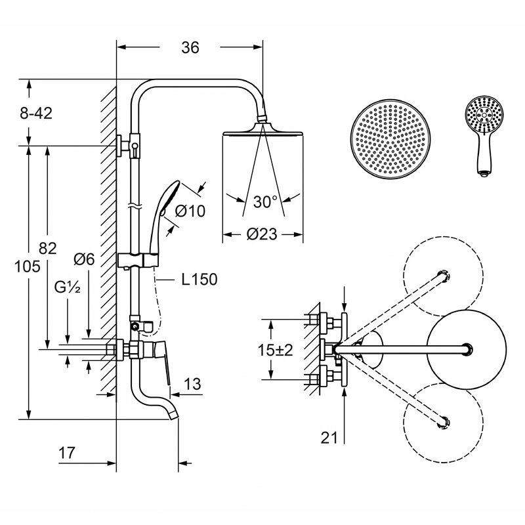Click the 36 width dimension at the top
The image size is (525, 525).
coord(190,47)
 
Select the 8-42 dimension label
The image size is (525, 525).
coord(36,113)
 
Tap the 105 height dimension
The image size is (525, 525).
coord(27,266)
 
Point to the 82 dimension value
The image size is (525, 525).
coord(47,249)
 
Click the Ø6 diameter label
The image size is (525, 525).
coord(84,259)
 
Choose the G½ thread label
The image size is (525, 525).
coord(68,287)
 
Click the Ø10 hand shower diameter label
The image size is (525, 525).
coord(190,211)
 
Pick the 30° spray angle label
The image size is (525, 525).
coord(266,201)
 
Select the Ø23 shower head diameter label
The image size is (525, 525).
coord(262,234)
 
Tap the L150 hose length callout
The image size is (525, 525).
coord(199,280)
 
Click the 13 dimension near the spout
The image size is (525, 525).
coord(192,384)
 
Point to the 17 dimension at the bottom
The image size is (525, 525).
coord(67,453)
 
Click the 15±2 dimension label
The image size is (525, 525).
coord(275,350)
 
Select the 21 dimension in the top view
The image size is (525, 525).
coord(329,437)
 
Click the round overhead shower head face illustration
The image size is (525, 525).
coord(390,139)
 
